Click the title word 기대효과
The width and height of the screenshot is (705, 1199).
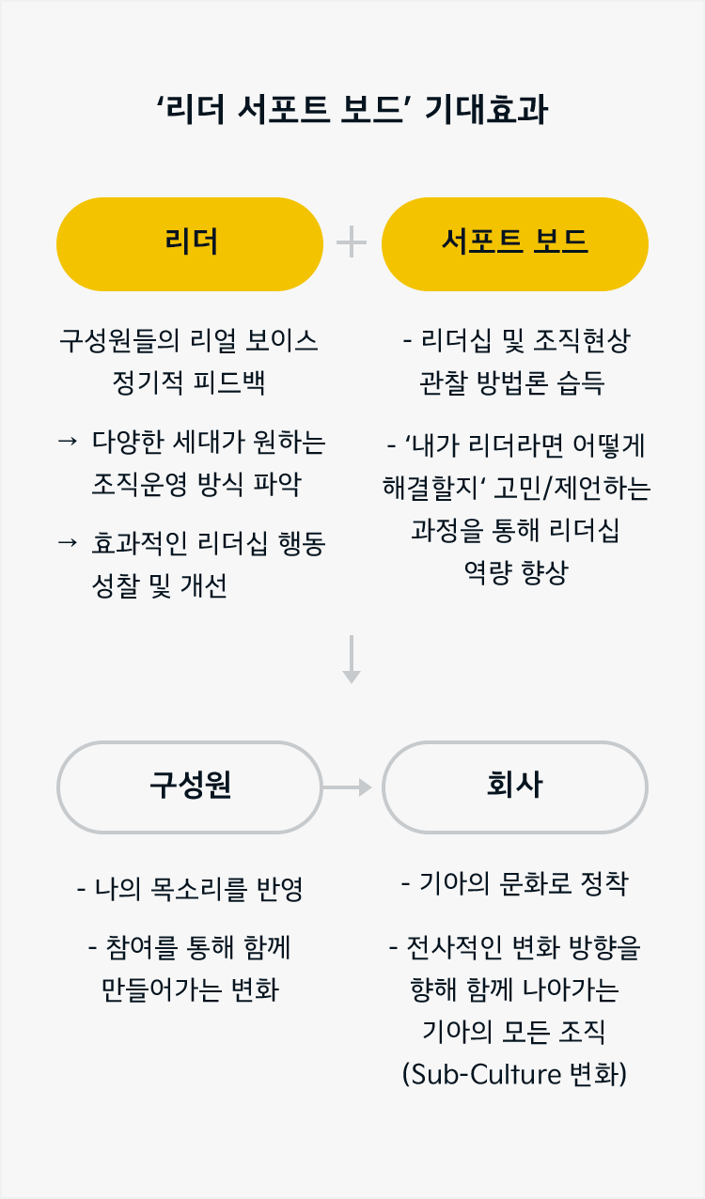click(486, 110)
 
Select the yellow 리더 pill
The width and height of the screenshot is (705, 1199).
click(190, 244)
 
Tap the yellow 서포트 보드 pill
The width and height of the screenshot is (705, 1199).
click(515, 244)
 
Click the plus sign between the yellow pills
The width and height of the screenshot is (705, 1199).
click(352, 241)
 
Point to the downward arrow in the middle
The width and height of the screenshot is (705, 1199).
click(352, 659)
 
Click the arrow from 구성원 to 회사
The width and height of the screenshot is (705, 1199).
click(348, 787)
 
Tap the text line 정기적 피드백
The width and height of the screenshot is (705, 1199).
click(189, 382)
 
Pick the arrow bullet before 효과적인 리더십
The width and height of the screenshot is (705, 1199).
click(68, 543)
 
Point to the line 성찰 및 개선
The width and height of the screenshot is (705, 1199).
click(160, 585)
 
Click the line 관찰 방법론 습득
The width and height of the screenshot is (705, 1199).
click(512, 382)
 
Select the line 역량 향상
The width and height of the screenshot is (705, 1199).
click(516, 573)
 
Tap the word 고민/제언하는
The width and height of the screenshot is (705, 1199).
click(572, 488)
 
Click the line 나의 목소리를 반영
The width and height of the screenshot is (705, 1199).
click(190, 889)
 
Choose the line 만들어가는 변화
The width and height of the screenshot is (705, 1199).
click(190, 989)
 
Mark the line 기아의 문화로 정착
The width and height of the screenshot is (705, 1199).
click(514, 883)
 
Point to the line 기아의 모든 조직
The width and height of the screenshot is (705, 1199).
click(514, 1032)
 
